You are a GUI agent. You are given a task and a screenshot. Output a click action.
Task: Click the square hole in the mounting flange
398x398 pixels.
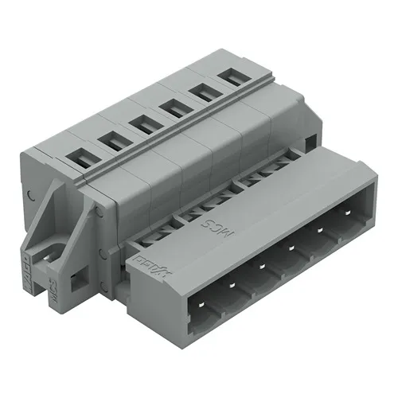point(77,281)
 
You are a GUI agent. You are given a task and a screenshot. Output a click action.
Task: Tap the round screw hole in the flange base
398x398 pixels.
point(44,253)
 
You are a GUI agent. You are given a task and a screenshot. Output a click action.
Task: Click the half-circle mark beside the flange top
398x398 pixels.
point(30,194)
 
